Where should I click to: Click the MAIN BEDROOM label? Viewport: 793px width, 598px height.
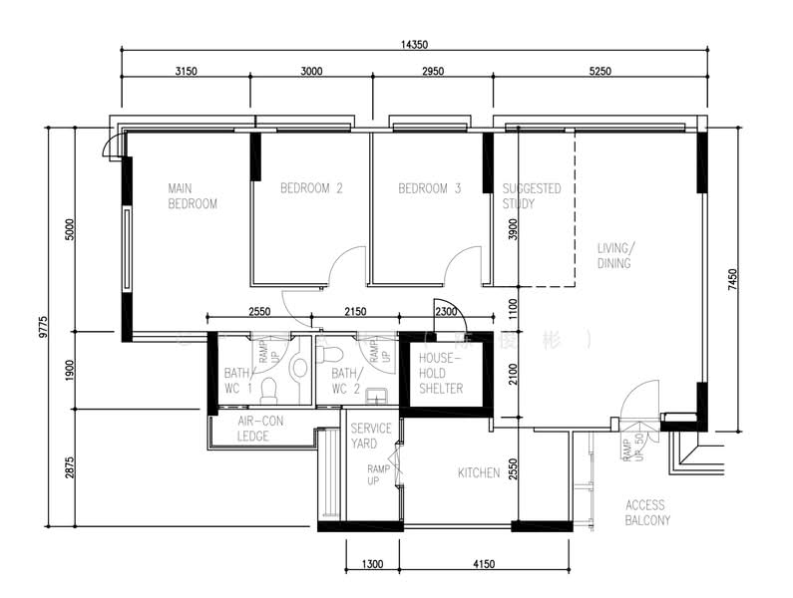tap(192, 195)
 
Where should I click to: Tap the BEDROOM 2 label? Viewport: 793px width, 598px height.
tap(311, 187)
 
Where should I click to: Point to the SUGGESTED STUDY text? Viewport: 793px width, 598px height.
tap(531, 195)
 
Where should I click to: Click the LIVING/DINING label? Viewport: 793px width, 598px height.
tap(614, 256)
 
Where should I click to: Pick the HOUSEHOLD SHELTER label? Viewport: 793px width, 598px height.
tap(440, 373)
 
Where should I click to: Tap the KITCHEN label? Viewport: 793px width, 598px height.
tap(478, 472)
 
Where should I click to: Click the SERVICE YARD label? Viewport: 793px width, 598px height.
tap(364, 436)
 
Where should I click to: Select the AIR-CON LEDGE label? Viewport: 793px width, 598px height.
tap(260, 429)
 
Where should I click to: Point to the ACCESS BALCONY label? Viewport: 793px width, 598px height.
tap(647, 512)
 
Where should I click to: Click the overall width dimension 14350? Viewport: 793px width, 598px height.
tap(414, 44)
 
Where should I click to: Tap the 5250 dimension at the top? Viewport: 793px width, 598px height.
tap(598, 71)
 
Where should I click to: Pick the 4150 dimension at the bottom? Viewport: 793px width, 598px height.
tap(483, 564)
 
